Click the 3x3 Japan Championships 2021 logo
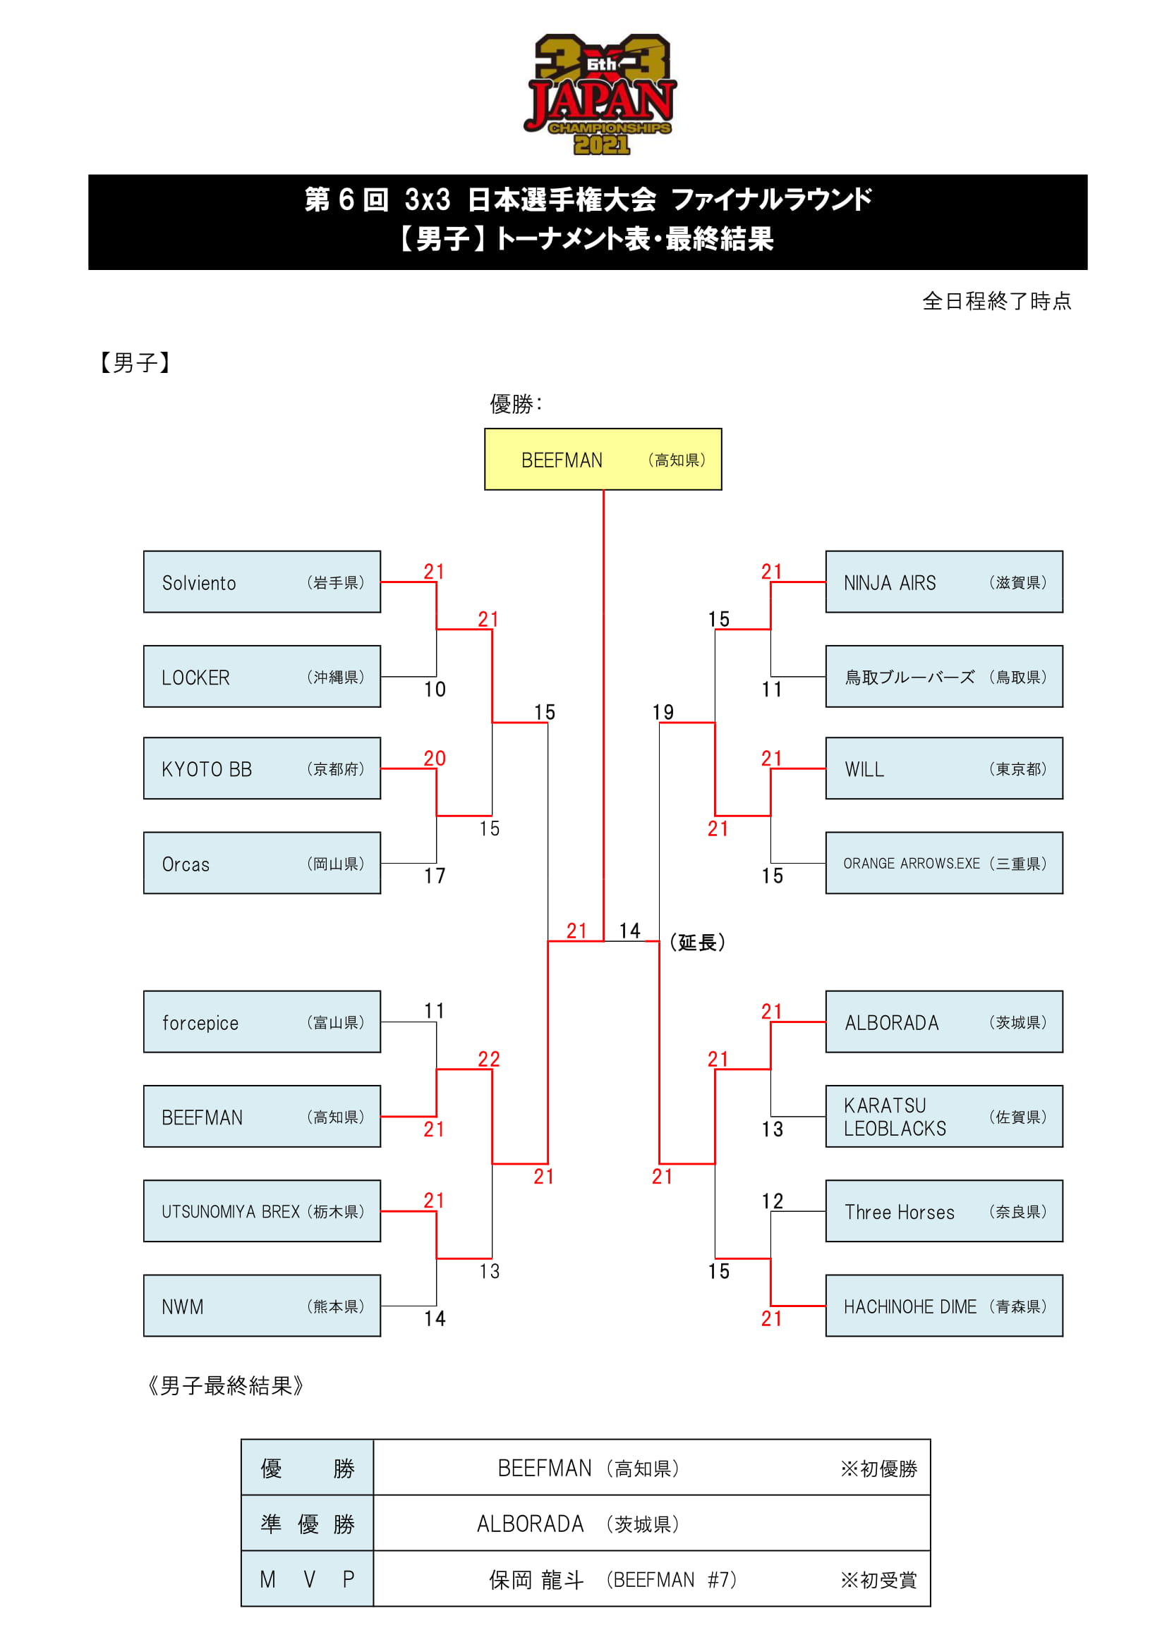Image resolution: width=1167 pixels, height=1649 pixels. pyautogui.click(x=600, y=94)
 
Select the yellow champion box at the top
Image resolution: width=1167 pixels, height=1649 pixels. pyautogui.click(x=603, y=459)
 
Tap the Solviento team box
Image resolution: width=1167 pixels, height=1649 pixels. pyautogui.click(x=262, y=582)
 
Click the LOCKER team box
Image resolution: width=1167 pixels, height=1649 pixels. pyautogui.click(x=262, y=677)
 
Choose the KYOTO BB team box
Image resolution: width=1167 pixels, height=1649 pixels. pyautogui.click(x=262, y=768)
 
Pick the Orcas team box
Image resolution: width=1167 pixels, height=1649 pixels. pyautogui.click(x=262, y=864)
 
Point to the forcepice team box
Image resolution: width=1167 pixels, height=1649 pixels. pyautogui.click(x=262, y=1022)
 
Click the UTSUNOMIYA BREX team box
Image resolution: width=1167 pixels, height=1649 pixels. pyautogui.click(x=262, y=1212)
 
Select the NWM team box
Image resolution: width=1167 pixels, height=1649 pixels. pyautogui.click(x=262, y=1306)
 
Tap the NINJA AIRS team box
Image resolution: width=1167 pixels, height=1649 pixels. pyautogui.click(x=944, y=582)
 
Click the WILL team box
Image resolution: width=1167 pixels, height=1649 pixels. pyautogui.click(x=944, y=768)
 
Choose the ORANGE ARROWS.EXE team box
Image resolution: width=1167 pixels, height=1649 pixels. pyautogui.click(x=944, y=864)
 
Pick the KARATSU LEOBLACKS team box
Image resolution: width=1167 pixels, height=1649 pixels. pyautogui.click(x=944, y=1117)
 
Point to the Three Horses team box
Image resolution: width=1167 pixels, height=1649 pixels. pyautogui.click(x=944, y=1212)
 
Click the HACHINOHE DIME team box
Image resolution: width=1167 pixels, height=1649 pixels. pyautogui.click(x=944, y=1306)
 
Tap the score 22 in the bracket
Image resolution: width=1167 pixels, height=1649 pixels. pyautogui.click(x=489, y=1060)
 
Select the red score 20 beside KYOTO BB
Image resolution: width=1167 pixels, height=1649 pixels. pyautogui.click(x=435, y=759)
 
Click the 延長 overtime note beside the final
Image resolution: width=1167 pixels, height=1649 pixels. pyautogui.click(x=697, y=943)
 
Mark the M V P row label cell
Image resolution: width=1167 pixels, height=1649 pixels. pyautogui.click(x=307, y=1579)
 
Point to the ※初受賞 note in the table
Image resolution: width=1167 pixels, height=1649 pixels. pyautogui.click(x=879, y=1580)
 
